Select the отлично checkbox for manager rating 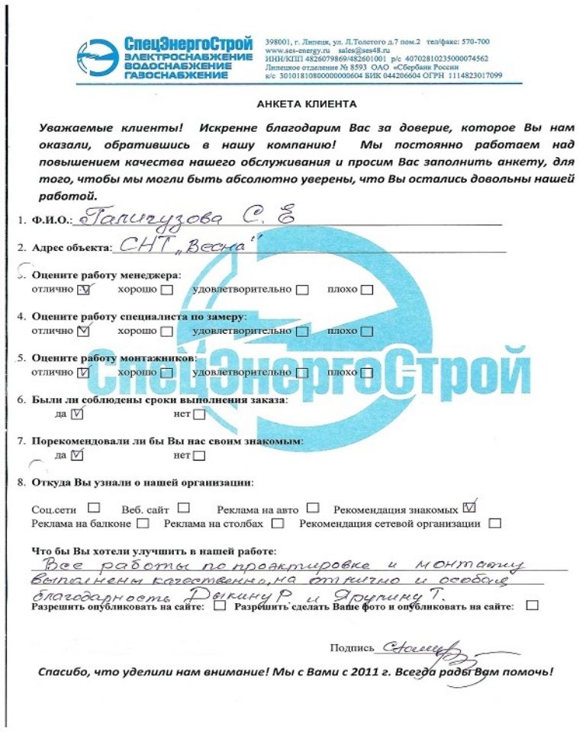[x=85, y=290]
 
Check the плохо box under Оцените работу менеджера [x=367, y=290]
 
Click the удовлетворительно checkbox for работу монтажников [x=302, y=373]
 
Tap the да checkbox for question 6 [x=76, y=415]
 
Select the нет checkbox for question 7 [x=199, y=457]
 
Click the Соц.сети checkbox [x=94, y=507]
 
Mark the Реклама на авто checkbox [x=313, y=507]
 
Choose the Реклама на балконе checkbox [x=144, y=524]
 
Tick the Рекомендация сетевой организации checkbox [x=495, y=524]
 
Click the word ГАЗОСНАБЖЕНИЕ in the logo [x=188, y=77]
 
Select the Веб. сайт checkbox [x=184, y=507]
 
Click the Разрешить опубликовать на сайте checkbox [x=221, y=607]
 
